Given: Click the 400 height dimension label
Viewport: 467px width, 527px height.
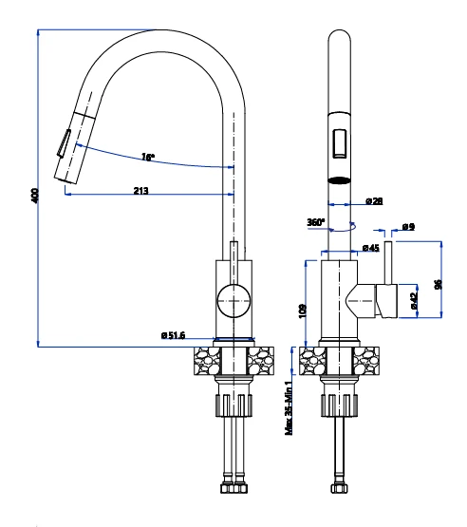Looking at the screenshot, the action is tap(35, 196).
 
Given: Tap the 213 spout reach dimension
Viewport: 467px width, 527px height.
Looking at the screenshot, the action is tap(141, 191).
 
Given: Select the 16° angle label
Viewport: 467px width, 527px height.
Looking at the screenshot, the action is tap(148, 157).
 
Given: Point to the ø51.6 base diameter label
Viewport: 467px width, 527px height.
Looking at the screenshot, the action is tap(174, 335).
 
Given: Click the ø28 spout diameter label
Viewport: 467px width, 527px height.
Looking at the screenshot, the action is tap(374, 201).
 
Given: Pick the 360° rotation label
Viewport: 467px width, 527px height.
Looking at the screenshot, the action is tap(316, 222).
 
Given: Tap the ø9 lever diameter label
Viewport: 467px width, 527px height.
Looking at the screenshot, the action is tap(408, 227).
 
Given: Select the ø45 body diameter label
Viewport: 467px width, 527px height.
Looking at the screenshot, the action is tap(370, 248).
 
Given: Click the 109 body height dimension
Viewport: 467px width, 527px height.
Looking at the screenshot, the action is tap(303, 311).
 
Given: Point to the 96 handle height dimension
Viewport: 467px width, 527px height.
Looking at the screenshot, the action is tap(439, 284).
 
